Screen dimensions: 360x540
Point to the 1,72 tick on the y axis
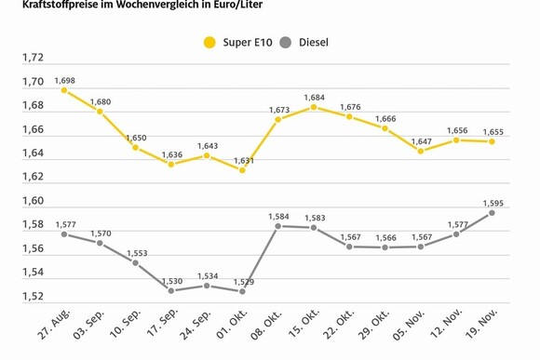pos(33,58)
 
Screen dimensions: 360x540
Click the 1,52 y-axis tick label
pos(33,297)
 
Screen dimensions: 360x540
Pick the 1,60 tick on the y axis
pos(33,201)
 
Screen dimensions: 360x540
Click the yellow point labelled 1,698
pos(64,90)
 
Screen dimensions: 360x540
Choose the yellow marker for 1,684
pos(314,107)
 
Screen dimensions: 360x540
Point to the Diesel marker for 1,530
pos(170,290)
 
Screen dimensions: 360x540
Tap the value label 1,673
pos(277,109)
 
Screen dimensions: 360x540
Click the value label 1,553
pos(135,252)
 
